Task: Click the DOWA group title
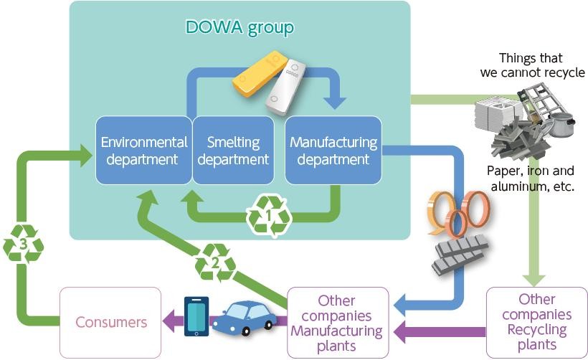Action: click(x=240, y=28)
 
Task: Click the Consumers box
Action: click(x=110, y=322)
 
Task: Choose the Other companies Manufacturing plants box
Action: click(x=337, y=322)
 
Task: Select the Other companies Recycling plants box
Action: click(x=536, y=322)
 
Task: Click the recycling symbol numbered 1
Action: click(x=269, y=214)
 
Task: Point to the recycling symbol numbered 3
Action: click(x=24, y=245)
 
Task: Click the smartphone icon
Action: click(x=196, y=316)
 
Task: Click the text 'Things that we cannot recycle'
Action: click(x=531, y=65)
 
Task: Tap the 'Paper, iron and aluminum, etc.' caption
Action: click(x=531, y=179)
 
